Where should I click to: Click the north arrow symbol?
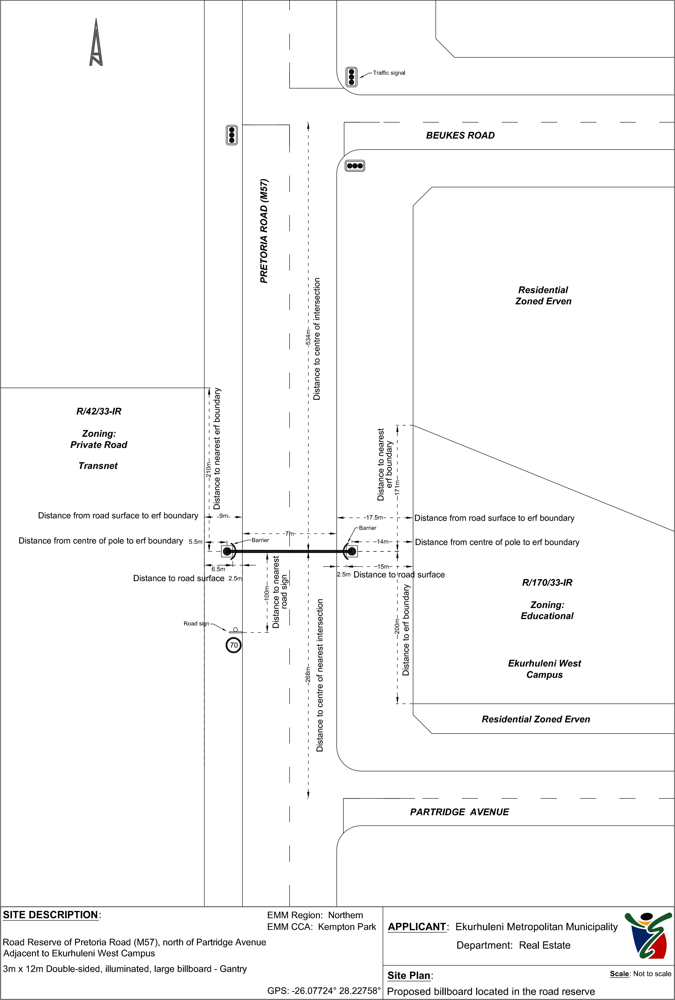[x=96, y=42]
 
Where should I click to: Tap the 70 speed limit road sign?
[x=234, y=645]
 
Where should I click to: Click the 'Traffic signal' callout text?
[x=389, y=73]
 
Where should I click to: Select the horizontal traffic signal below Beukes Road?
[x=355, y=166]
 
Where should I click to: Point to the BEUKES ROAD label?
[x=460, y=136]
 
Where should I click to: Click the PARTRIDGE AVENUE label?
[x=459, y=812]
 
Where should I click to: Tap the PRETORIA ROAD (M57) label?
[x=264, y=231]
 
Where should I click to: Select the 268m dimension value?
[x=308, y=674]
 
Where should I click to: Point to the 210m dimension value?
[x=209, y=469]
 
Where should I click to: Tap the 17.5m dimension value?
[x=374, y=518]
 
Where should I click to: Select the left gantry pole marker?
[x=227, y=551]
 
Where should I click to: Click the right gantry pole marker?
[x=352, y=551]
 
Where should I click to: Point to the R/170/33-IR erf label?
[x=547, y=583]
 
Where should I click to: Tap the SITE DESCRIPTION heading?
[x=51, y=915]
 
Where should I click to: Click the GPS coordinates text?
[x=324, y=990]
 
